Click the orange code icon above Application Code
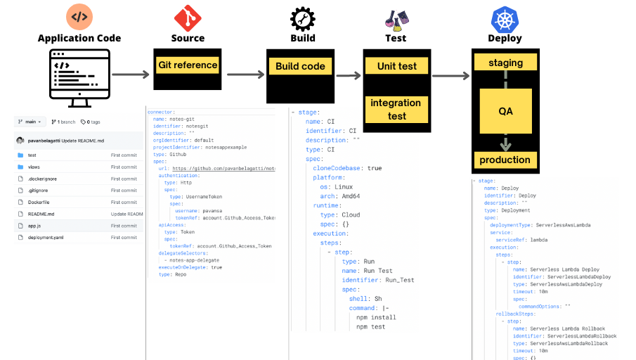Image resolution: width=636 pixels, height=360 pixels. [79, 17]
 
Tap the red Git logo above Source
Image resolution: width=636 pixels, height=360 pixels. [188, 17]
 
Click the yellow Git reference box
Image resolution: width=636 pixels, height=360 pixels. [188, 65]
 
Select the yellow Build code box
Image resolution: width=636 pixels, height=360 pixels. [300, 66]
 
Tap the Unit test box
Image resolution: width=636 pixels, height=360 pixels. [397, 66]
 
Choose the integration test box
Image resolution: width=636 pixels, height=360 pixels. [396, 109]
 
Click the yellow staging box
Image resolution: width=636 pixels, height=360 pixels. [505, 63]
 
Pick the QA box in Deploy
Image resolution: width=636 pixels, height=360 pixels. [505, 111]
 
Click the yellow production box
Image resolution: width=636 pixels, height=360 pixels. [505, 160]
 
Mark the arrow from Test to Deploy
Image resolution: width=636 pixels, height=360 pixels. [450, 76]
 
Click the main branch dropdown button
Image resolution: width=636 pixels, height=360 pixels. [31, 122]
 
